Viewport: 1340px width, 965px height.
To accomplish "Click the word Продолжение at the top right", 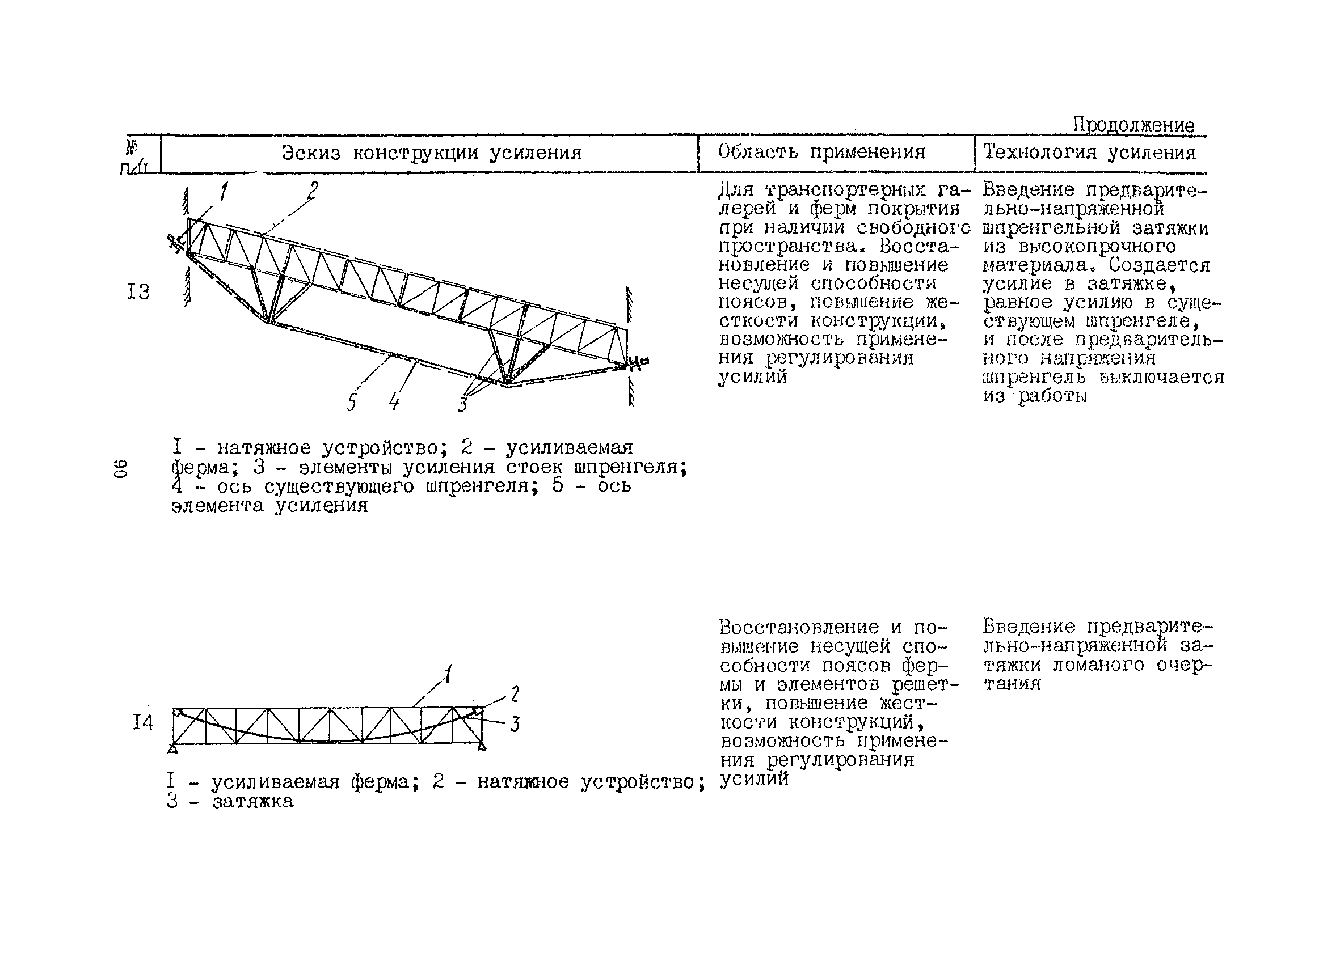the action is tap(1133, 125).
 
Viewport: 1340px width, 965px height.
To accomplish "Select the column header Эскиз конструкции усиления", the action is tap(431, 153).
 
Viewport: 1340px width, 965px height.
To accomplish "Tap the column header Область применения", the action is tap(821, 153).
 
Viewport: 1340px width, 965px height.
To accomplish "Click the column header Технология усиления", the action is tap(1089, 153).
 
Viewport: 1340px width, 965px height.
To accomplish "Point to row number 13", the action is tap(138, 292).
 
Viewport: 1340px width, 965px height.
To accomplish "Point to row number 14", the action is tap(142, 722).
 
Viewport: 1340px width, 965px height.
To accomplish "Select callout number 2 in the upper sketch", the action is tap(313, 190).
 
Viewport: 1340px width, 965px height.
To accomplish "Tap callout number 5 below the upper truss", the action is tap(352, 403).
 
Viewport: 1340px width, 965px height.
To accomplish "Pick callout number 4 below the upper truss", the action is tap(394, 403).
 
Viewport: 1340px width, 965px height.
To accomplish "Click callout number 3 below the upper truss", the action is tap(462, 405).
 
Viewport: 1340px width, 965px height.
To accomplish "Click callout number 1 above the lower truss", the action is tap(448, 674).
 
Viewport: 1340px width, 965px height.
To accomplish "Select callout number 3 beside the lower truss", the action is tap(515, 724).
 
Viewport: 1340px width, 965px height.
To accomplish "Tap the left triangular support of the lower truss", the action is tap(172, 748).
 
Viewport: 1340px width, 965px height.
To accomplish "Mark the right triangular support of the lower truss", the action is tap(482, 747).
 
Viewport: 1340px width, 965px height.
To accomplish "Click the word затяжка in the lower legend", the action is tap(252, 801).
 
